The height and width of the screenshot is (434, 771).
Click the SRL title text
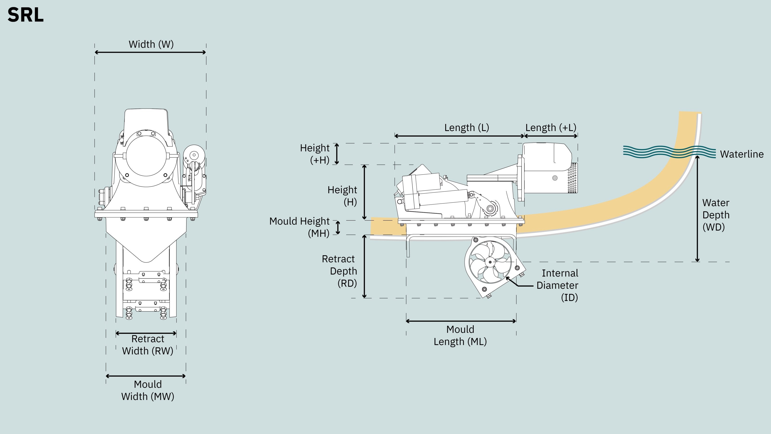26,15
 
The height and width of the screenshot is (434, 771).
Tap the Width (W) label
151,44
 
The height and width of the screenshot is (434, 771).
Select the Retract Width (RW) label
147,345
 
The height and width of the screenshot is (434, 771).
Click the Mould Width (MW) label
147,390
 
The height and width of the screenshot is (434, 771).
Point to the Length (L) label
467,128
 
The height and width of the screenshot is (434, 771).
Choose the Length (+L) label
551,128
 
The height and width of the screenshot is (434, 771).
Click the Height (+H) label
315,154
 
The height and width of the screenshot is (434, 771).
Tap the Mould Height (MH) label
299,227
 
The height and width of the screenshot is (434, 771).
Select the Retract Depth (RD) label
339,271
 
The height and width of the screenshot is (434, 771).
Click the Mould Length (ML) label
460,335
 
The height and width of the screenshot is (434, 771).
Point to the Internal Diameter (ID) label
557,285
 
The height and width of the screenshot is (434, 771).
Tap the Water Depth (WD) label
716,215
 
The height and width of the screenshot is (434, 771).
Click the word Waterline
742,154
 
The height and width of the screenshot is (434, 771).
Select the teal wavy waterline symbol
669,152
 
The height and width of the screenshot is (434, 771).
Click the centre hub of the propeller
490,262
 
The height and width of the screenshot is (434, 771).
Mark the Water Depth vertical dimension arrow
697,209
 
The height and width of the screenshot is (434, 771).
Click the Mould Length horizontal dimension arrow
461,321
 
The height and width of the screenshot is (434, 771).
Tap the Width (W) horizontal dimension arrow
150,52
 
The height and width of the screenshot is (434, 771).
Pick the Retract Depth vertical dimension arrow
364,266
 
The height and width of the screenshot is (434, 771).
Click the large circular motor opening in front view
146,156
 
